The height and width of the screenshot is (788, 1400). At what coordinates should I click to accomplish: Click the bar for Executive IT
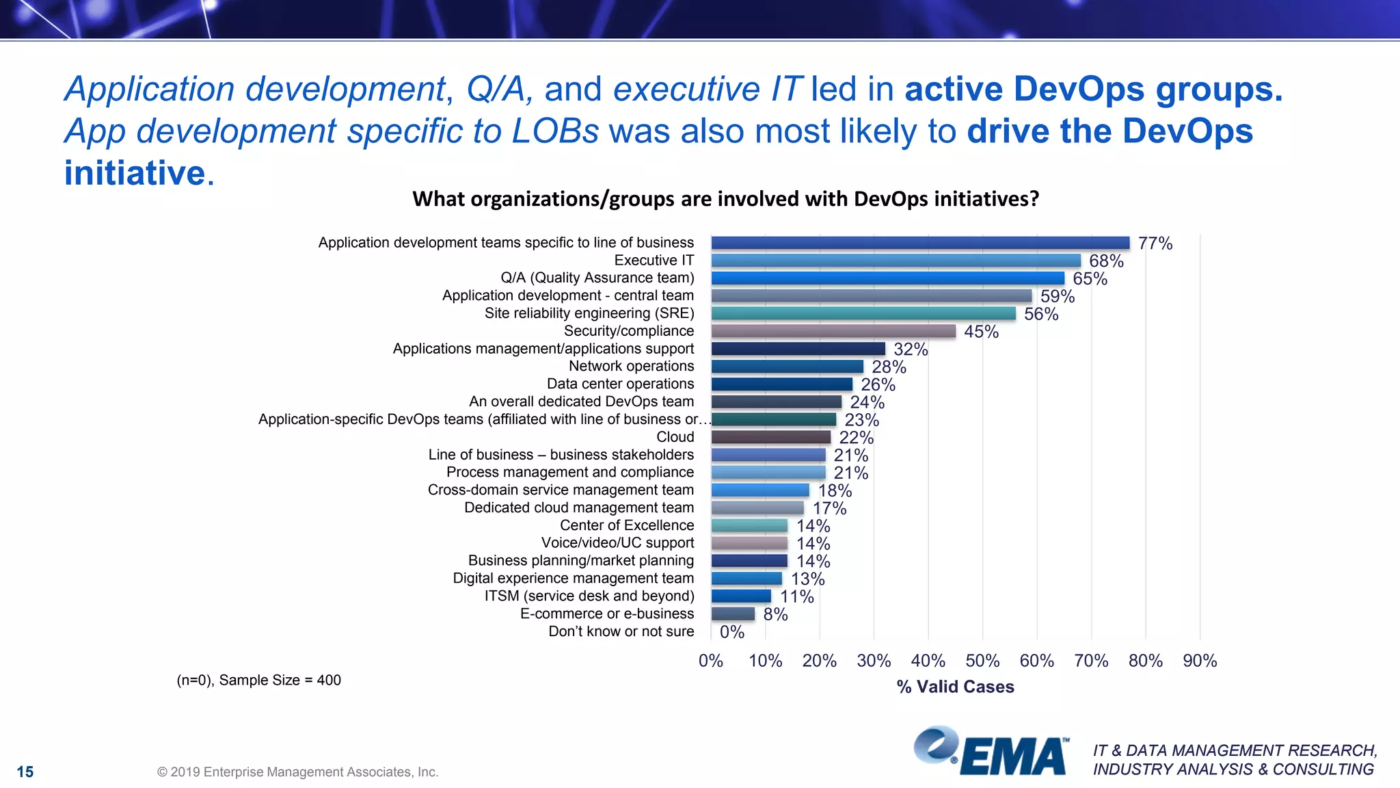(896, 261)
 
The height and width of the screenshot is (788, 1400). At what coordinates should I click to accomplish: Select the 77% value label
(1155, 244)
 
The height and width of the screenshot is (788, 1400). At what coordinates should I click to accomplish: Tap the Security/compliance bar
(833, 331)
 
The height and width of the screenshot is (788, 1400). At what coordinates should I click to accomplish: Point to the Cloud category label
(675, 437)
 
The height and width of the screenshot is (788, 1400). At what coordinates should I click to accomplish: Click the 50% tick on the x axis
(982, 661)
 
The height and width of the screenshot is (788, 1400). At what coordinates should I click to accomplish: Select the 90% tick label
(1200, 661)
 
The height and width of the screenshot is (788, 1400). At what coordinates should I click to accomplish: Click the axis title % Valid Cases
(955, 687)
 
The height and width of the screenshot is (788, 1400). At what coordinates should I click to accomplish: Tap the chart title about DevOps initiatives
(725, 199)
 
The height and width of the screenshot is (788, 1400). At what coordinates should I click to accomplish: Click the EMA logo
(992, 752)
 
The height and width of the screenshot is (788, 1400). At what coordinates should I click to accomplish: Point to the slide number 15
(25, 772)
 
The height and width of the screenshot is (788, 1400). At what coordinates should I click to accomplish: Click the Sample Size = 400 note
(259, 680)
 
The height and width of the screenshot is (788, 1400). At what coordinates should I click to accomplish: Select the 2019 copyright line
(297, 772)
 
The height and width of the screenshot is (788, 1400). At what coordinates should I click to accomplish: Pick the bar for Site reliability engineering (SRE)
(863, 313)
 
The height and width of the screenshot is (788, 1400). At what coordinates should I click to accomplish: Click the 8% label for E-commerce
(775, 614)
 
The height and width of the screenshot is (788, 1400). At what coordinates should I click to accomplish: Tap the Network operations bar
(787, 367)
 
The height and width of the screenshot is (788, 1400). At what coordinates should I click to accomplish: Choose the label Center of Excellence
(627, 525)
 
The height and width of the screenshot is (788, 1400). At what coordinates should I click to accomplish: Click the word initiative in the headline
(135, 172)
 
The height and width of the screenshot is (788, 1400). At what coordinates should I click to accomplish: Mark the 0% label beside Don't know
(731, 632)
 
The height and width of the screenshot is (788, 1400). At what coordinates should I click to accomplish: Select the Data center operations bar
(781, 384)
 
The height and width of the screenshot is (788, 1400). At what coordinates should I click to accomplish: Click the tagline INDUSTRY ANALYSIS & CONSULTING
(1233, 770)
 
